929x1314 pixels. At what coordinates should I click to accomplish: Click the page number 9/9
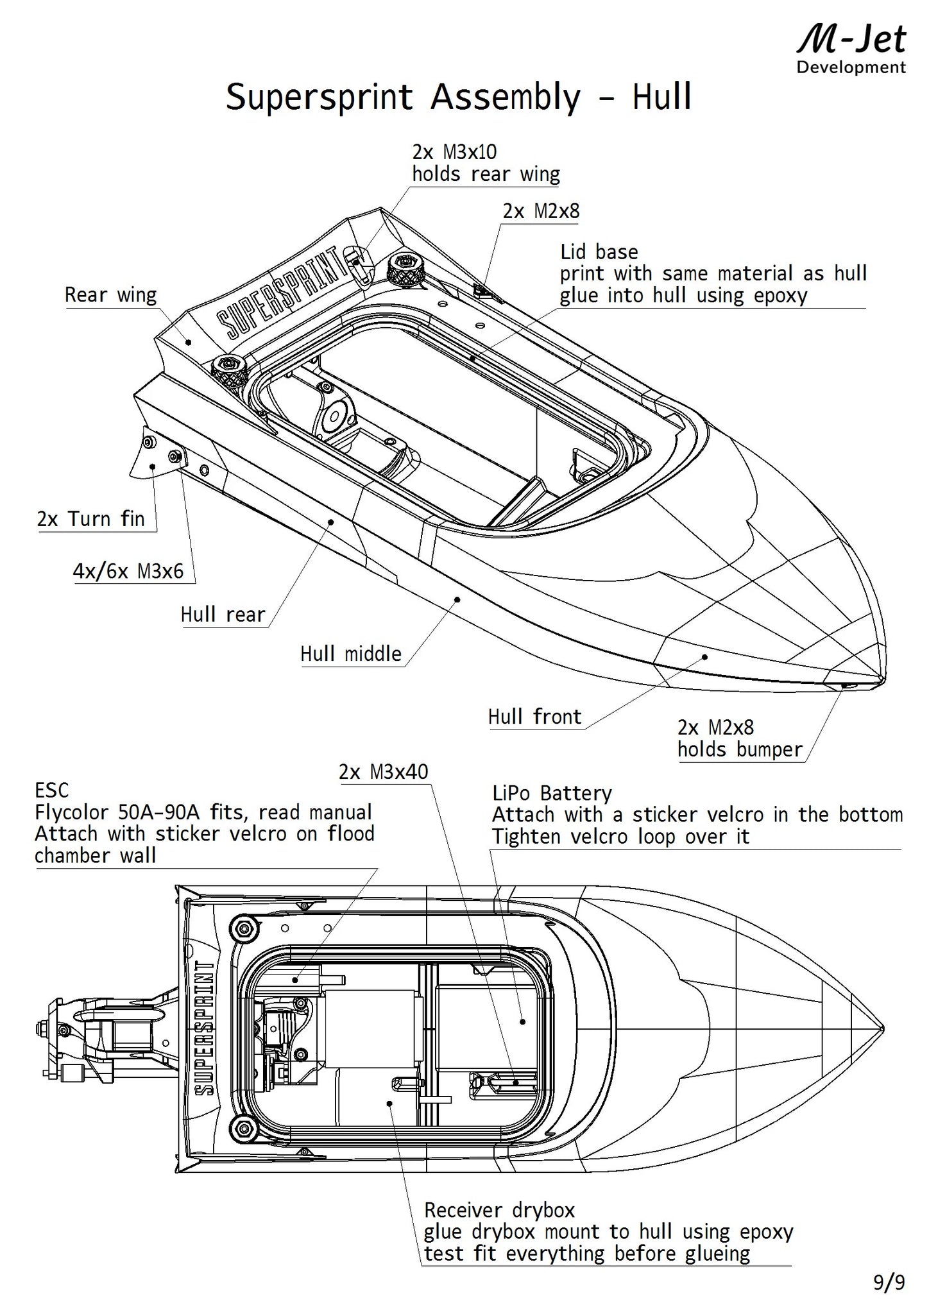point(889,1283)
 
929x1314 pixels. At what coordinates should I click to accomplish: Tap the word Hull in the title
point(661,98)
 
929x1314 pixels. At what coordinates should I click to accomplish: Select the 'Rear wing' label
point(110,295)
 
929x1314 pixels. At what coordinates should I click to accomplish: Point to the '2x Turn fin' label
point(91,518)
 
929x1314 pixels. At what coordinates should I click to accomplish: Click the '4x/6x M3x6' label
point(128,570)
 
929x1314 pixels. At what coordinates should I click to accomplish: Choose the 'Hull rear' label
point(223,615)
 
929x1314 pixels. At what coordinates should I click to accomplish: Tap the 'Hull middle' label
point(351,654)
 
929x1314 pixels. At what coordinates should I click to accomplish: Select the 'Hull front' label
point(534,716)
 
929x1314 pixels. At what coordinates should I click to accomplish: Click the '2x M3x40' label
point(383,772)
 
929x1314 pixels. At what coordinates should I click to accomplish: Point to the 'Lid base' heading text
point(599,252)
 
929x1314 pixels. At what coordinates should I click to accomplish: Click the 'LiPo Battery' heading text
point(552,793)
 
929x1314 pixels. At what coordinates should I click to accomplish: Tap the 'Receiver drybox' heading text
point(499,1210)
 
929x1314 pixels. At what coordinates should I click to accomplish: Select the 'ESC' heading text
point(51,790)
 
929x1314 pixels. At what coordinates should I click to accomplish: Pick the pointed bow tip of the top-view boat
point(882,1027)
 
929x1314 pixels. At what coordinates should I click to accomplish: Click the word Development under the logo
point(851,67)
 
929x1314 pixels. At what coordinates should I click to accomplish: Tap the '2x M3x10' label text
point(454,152)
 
